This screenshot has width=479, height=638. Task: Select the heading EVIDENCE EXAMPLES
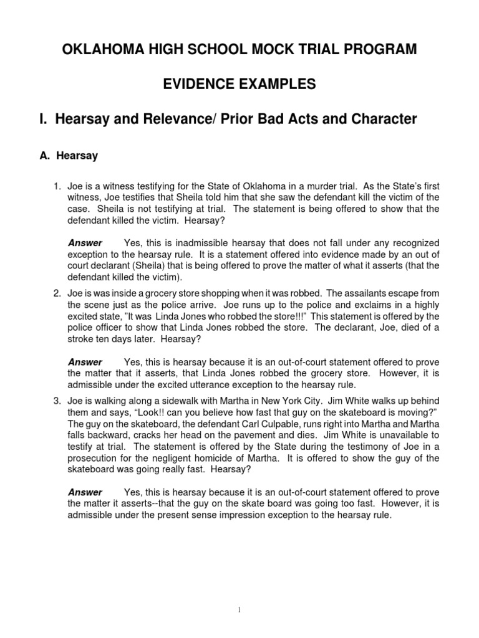(239, 83)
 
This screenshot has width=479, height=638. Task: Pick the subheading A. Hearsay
(69, 156)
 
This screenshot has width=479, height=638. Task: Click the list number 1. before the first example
(56, 185)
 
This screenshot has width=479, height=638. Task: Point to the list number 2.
(56, 292)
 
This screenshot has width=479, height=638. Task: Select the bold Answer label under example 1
(85, 242)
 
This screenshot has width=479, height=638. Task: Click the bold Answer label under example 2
(85, 361)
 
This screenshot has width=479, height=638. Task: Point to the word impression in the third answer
(265, 515)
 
